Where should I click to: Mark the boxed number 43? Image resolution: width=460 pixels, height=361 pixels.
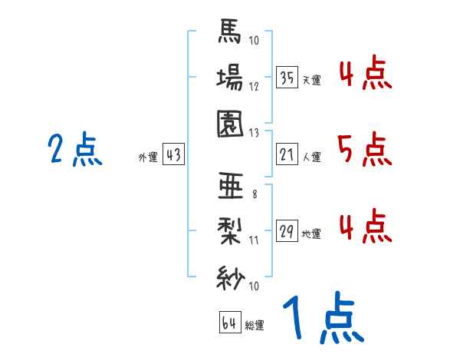click(173, 155)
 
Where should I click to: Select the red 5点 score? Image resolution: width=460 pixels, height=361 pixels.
click(363, 149)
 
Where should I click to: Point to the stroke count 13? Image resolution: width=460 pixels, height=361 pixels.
click(255, 132)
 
